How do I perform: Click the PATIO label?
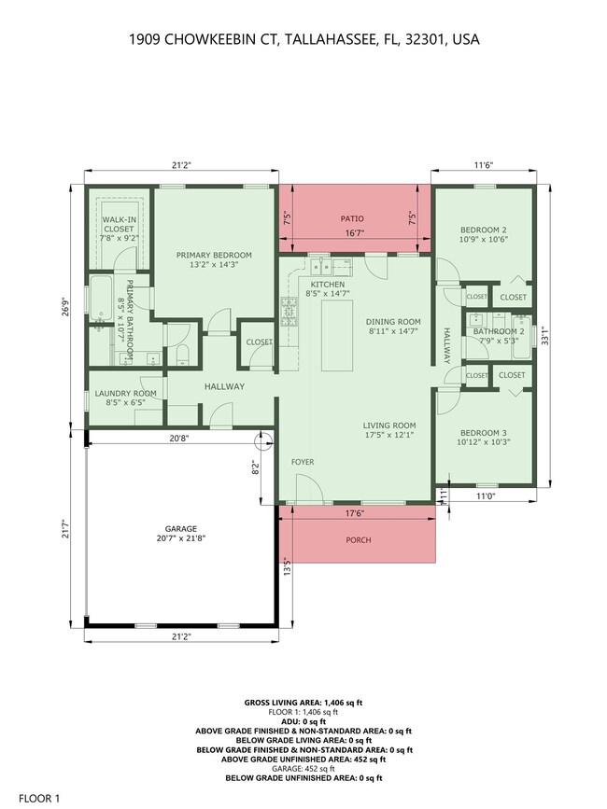tap(351, 219)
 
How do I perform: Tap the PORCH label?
tap(359, 540)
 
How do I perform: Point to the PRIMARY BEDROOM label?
tap(215, 255)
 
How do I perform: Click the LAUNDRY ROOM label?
tap(125, 393)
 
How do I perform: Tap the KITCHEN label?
tap(327, 285)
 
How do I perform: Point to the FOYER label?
tap(303, 461)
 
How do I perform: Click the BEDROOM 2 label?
tap(483, 230)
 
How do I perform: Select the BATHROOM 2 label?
tap(498, 331)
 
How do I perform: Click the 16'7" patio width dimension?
tap(351, 234)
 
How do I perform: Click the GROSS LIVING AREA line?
tap(303, 701)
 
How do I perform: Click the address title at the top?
tap(303, 40)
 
